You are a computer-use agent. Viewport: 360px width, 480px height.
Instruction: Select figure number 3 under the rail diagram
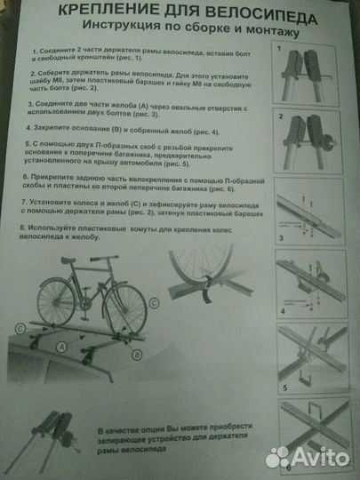(x=281, y=239)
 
